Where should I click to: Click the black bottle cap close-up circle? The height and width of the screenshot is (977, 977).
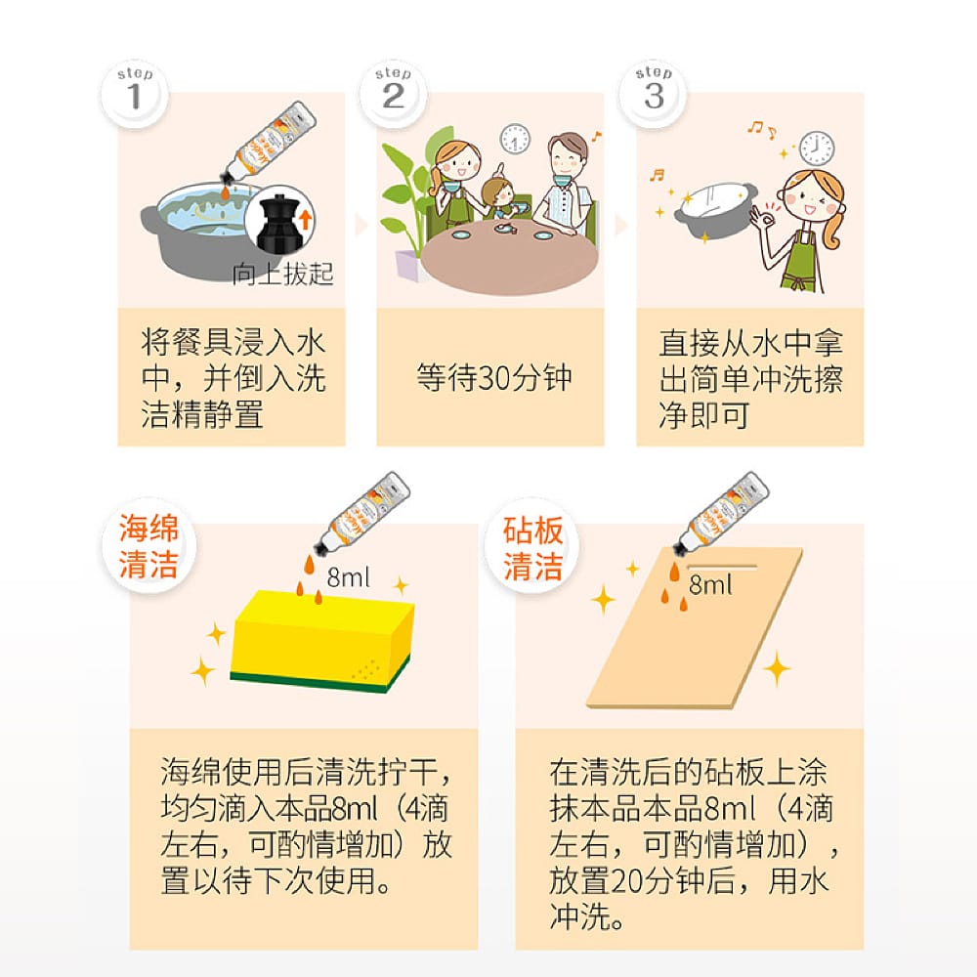[x=279, y=220]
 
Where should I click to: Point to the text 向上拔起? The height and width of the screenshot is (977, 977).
[x=283, y=275]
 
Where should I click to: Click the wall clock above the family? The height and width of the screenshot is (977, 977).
[x=515, y=140]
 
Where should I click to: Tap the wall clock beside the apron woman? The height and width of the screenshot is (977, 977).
[x=817, y=149]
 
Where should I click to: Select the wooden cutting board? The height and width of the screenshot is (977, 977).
[x=694, y=628]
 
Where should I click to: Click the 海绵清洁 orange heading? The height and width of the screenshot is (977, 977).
[x=149, y=546]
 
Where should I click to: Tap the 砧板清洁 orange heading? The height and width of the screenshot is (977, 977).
[x=532, y=548]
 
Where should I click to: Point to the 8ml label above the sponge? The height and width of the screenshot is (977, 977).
[x=348, y=577]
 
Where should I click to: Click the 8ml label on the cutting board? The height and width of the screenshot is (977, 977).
[x=709, y=584]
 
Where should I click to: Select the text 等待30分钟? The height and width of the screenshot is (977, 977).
[x=494, y=377]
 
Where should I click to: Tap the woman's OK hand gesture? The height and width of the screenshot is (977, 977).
[x=761, y=218]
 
